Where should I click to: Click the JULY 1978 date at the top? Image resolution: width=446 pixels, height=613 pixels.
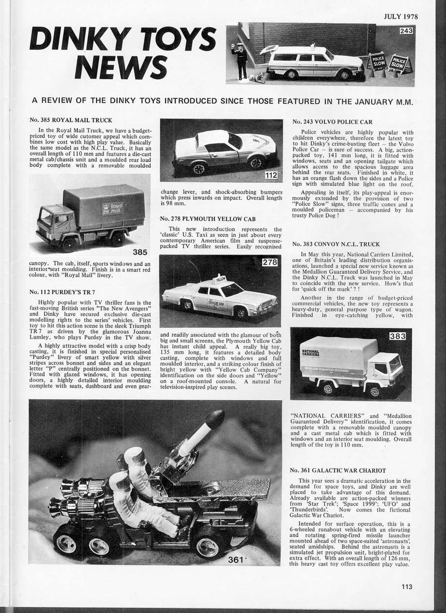pos(400,16)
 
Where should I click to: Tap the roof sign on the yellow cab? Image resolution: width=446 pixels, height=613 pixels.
pos(221,279)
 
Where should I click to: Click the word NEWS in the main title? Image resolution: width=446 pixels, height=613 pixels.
pos(118,67)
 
